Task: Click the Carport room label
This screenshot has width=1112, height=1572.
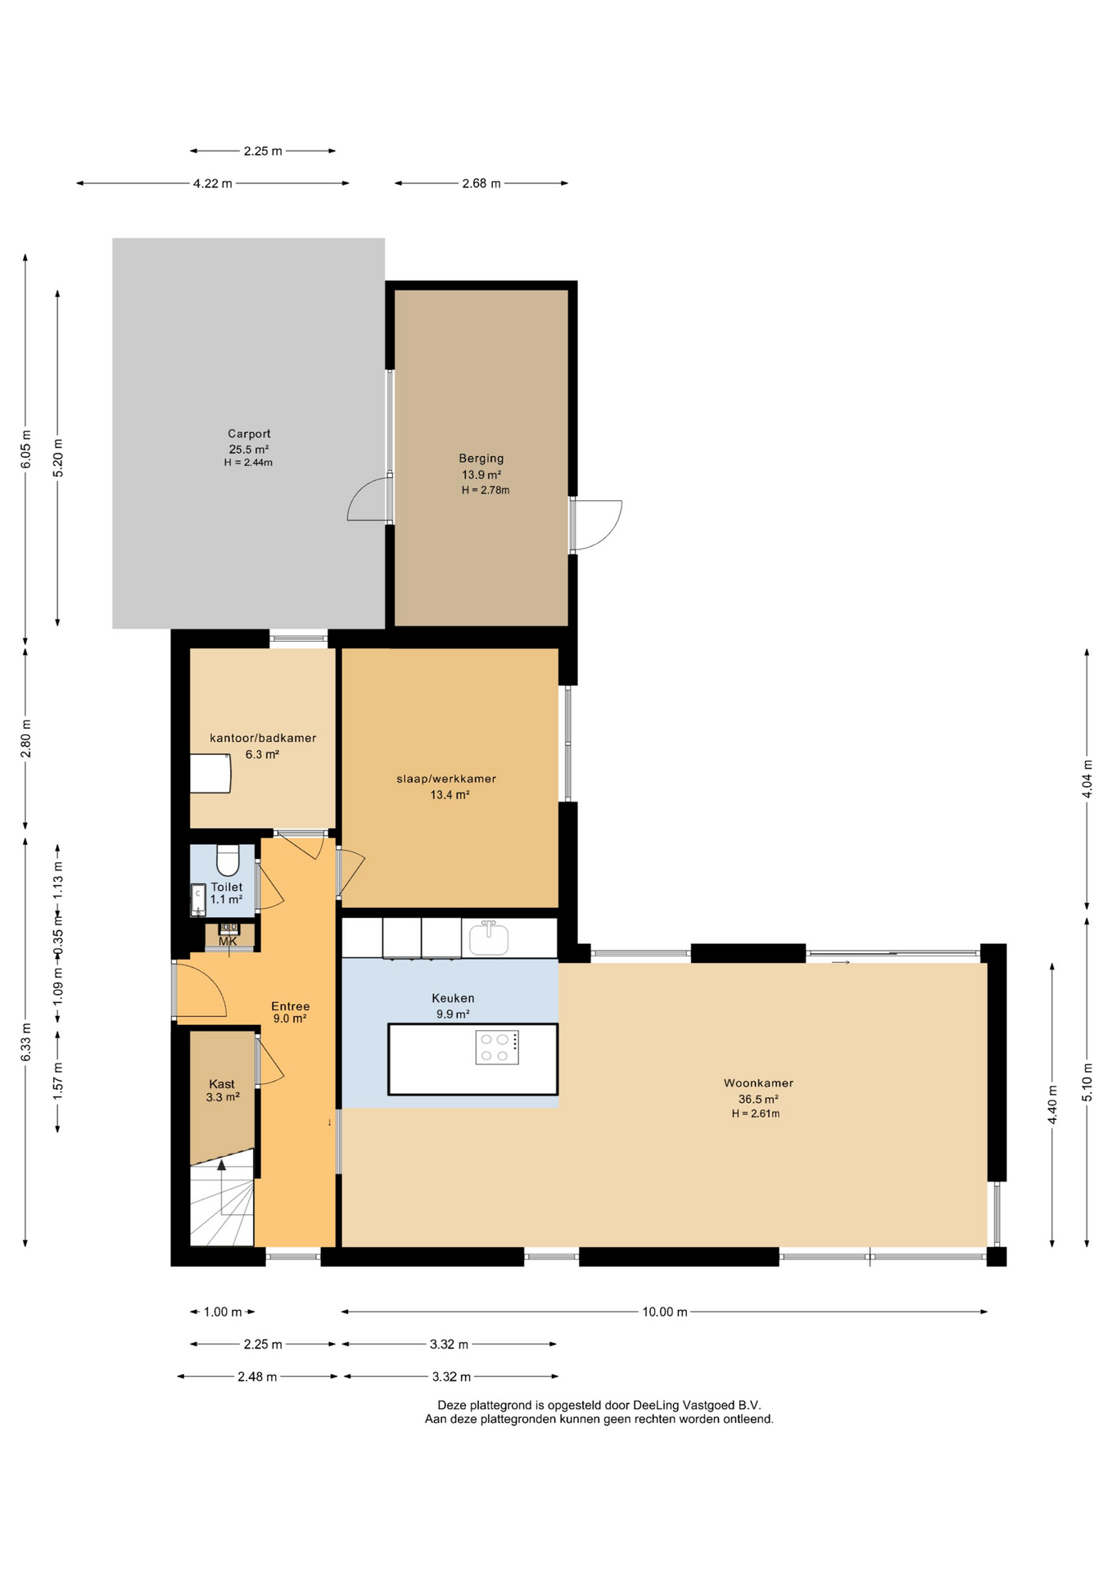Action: point(249,434)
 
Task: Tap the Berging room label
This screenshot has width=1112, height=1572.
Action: point(481,458)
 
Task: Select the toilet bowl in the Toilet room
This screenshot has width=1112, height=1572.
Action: point(228,860)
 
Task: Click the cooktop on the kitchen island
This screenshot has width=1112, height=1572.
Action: point(497,1047)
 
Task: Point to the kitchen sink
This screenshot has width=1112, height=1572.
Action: point(489,938)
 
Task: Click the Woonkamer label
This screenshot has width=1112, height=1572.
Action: point(758,1083)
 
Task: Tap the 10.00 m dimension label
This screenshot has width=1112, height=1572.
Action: point(664,1312)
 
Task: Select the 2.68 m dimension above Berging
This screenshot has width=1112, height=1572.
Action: point(481,183)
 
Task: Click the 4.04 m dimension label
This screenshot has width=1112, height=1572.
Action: point(1087,779)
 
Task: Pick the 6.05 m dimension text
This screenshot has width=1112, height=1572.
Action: point(25,449)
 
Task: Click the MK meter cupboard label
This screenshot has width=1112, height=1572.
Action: point(228,942)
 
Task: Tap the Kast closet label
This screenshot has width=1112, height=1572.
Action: point(222,1084)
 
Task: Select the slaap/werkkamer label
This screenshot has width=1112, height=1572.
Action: point(446,779)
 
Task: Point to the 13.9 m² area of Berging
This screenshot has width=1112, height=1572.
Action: point(481,475)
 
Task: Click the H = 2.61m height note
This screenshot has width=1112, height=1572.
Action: point(756,1113)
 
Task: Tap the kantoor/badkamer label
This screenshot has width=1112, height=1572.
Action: point(263,738)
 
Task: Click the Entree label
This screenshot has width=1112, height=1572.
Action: point(291,1006)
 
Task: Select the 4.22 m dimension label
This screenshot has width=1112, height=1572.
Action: point(213,183)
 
